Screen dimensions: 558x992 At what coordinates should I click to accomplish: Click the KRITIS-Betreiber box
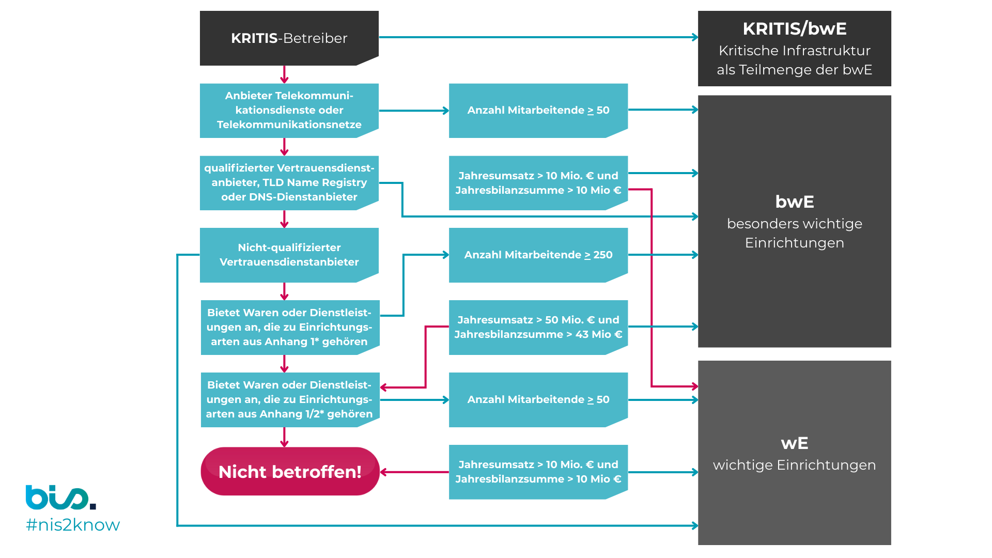pos(289,38)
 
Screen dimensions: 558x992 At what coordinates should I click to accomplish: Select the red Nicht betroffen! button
pos(290,471)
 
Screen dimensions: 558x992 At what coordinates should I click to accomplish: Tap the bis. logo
pos(60,498)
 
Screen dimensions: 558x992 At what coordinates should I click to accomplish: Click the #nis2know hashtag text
pos(73,525)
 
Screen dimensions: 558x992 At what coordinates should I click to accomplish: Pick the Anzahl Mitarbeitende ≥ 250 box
pos(538,255)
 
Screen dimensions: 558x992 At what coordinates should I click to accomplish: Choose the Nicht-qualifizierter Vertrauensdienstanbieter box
pos(289,255)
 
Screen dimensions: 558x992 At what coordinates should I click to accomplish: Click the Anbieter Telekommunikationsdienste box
pos(289,110)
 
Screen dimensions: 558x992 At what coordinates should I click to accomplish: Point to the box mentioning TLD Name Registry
pos(289,182)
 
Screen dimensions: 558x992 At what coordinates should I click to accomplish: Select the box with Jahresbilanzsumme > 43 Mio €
pos(538,327)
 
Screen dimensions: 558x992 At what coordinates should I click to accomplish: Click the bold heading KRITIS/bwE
pos(794,29)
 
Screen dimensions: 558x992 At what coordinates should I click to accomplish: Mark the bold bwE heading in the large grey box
pos(794,202)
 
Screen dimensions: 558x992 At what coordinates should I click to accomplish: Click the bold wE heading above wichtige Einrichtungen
pos(794,443)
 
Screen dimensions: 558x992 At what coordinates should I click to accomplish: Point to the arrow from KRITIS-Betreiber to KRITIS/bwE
pos(537,37)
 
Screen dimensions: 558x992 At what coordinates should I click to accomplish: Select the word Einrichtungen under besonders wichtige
pos(794,243)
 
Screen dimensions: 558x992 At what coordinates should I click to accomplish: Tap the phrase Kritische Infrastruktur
pos(794,51)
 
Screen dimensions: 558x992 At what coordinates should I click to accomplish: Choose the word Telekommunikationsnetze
pos(289,125)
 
